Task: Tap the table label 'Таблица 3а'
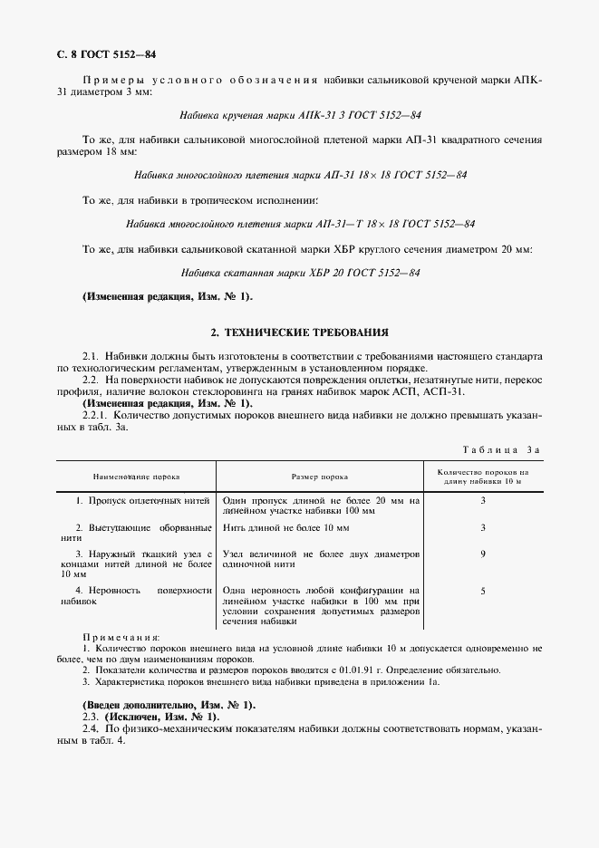point(501,448)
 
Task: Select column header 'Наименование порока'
point(136,476)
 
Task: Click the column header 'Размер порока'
point(319,476)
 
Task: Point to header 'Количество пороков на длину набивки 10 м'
point(482,477)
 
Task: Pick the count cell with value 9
point(483,554)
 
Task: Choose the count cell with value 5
point(483,591)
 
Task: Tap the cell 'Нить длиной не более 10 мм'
point(285,527)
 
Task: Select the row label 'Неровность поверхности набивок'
point(135,595)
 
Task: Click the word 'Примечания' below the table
point(121,638)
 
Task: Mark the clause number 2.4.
point(90,728)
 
